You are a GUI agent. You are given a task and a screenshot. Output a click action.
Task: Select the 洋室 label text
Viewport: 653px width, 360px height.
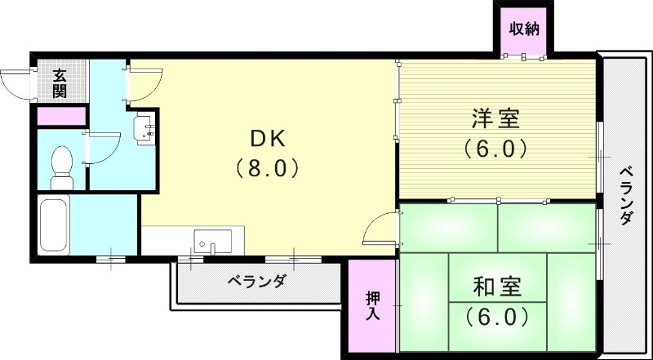(495, 118)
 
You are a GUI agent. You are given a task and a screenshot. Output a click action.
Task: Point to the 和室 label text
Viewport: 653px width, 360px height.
(497, 287)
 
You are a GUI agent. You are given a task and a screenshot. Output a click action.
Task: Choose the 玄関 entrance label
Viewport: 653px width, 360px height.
(60, 83)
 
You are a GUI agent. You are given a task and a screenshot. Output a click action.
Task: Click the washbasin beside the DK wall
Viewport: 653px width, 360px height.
(145, 130)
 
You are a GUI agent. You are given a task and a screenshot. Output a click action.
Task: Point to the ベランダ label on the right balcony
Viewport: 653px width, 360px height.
(626, 196)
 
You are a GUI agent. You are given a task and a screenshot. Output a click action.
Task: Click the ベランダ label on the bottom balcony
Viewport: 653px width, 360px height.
(255, 282)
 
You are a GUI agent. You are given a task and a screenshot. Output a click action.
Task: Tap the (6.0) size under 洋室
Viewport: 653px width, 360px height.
(495, 149)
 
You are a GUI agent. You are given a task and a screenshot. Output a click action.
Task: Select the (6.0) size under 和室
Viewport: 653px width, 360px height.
(497, 316)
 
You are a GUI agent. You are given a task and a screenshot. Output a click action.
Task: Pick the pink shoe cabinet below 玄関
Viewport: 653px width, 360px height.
(61, 116)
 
